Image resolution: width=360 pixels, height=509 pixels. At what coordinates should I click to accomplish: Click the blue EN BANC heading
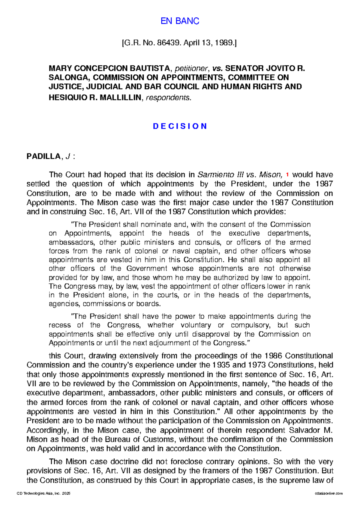180,21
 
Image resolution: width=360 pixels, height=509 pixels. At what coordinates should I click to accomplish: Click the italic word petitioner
187,68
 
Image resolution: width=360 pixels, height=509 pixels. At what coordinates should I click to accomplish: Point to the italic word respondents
168,97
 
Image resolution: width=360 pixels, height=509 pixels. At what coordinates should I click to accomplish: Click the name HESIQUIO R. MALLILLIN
95,97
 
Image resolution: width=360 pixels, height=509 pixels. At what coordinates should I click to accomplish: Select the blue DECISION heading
180,126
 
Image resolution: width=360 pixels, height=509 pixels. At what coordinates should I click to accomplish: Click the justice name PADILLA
43,156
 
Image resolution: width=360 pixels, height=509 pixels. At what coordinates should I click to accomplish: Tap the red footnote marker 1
287,174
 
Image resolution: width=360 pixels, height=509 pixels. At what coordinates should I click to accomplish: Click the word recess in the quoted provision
60,325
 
